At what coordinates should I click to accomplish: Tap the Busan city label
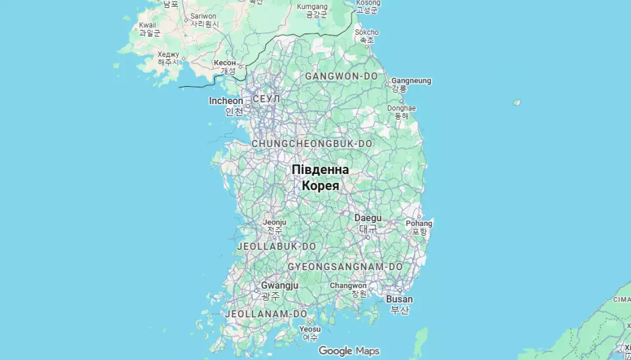(x=400, y=299)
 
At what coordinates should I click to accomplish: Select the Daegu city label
(x=368, y=218)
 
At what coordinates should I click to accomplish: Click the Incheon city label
(x=226, y=101)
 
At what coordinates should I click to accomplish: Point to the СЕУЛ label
(x=267, y=99)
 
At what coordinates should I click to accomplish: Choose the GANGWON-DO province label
(x=341, y=76)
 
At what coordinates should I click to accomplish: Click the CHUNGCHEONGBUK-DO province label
(x=312, y=143)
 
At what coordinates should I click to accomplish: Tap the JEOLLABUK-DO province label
(x=277, y=246)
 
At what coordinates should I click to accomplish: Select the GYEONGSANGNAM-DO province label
(x=345, y=267)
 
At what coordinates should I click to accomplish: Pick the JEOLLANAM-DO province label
(x=266, y=314)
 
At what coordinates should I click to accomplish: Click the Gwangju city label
(x=280, y=285)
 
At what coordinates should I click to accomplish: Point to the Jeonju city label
(x=274, y=222)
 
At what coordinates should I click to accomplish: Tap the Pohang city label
(x=419, y=223)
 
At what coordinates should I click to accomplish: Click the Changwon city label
(x=348, y=285)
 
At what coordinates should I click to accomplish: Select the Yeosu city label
(x=310, y=329)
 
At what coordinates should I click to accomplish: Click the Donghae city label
(x=402, y=108)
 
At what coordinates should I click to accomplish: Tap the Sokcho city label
(x=367, y=33)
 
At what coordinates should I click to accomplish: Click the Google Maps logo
(x=349, y=351)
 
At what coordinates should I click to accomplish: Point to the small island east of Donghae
(x=517, y=102)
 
